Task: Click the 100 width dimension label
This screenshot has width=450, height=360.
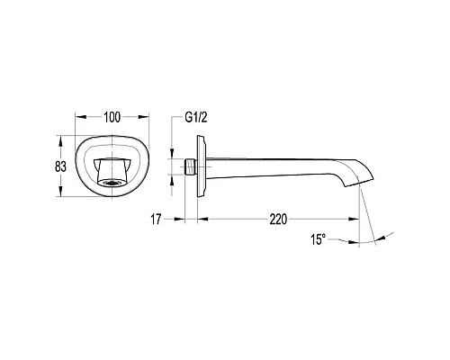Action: coord(112,117)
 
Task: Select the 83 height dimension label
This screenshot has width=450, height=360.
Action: coord(60,166)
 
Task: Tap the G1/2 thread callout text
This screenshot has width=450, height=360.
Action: coord(196,117)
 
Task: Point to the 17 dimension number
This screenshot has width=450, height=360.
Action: coord(156,220)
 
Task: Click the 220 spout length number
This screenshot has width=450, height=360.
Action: coord(278,220)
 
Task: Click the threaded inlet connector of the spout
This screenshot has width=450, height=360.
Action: coord(190,166)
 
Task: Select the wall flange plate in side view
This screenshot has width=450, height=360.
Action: coord(202,166)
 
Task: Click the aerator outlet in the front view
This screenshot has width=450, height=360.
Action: coord(112,183)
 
